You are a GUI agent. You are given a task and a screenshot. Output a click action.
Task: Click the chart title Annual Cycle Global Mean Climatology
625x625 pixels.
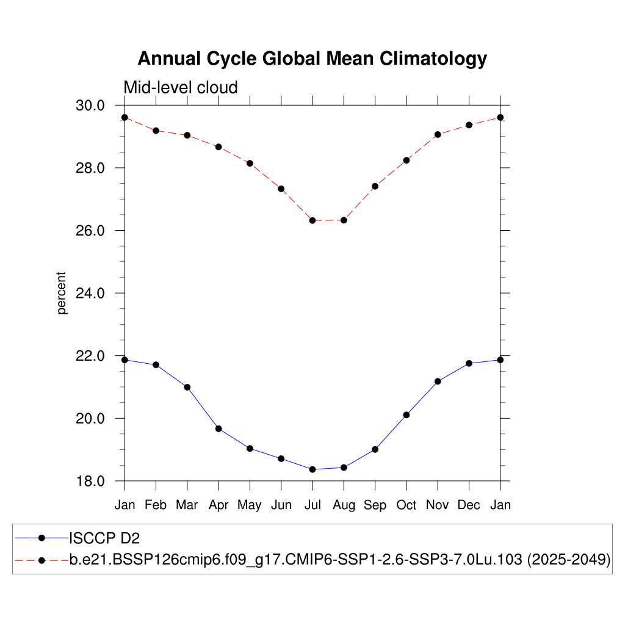[x=312, y=59]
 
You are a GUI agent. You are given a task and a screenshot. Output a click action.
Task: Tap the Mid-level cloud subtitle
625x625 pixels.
[x=181, y=88]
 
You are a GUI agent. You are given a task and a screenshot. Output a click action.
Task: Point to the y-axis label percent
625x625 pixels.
[x=62, y=294]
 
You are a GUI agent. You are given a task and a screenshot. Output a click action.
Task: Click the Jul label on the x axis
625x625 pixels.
[x=312, y=505]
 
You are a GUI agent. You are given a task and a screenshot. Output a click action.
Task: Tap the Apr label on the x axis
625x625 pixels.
[x=219, y=505]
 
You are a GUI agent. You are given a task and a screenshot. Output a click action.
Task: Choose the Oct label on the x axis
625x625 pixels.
[x=406, y=505]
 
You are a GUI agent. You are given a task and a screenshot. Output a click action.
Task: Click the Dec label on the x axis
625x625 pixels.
[x=469, y=505]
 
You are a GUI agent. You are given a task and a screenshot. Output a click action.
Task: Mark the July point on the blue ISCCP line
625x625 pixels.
[x=312, y=469]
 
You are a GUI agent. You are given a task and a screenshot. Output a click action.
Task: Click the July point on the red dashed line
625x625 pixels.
[x=312, y=220]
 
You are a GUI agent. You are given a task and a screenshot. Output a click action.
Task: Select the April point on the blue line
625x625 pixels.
[x=219, y=428]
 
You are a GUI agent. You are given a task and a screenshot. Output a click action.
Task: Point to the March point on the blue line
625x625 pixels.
[x=187, y=387]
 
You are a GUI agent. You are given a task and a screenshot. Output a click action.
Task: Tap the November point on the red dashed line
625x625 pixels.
[x=438, y=134]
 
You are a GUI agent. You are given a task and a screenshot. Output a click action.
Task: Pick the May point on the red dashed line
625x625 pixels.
[x=250, y=163]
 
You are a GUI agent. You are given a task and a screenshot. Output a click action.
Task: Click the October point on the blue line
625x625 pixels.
[x=406, y=415]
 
